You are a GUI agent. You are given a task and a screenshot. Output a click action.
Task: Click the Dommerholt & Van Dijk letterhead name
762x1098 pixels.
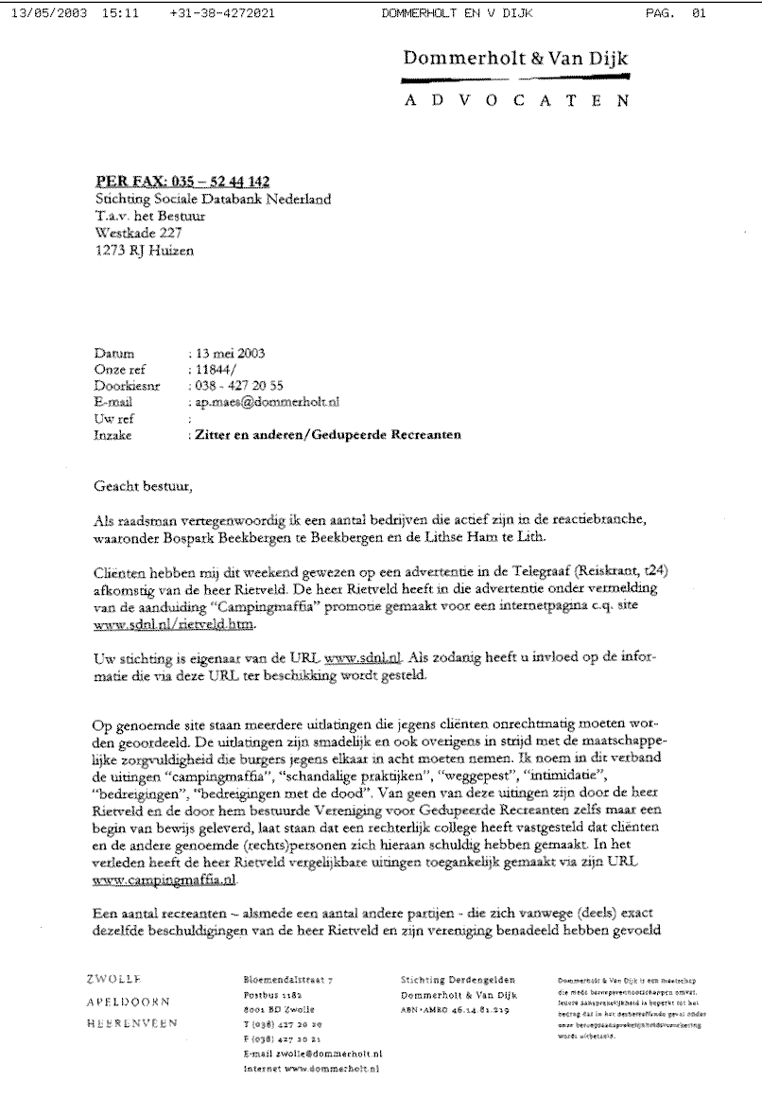point(514,60)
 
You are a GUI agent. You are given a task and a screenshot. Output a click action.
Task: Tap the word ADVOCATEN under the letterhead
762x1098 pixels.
point(514,101)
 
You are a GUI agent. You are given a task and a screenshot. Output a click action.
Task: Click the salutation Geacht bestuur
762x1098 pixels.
point(144,487)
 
